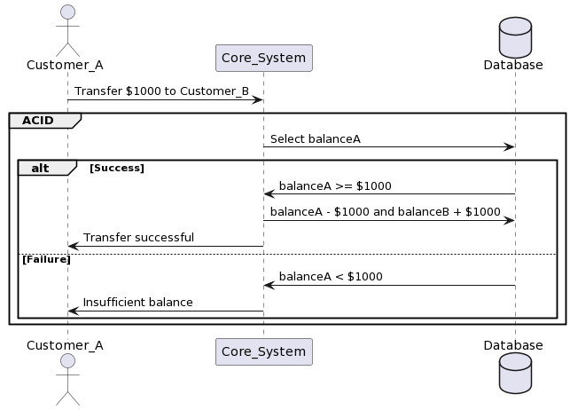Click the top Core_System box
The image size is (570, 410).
coord(264,58)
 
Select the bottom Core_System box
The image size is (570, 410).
coord(264,351)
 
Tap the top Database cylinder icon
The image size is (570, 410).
coord(515,37)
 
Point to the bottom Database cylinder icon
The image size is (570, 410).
coord(515,373)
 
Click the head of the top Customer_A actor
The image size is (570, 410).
coord(67,12)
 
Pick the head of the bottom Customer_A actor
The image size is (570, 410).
coord(67,361)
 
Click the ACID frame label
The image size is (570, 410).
coord(38,121)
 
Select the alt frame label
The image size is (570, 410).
coord(40,168)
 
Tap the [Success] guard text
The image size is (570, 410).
coord(117,168)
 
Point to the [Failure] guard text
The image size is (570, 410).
coord(46,259)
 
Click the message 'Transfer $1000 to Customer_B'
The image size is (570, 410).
coord(161,91)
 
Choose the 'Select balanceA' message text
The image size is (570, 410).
coord(316,139)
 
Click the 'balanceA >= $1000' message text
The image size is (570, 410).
coord(335,185)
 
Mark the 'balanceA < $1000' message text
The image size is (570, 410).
coord(331,277)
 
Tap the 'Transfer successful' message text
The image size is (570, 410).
coord(138,238)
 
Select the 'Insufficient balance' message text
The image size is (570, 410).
coord(137,303)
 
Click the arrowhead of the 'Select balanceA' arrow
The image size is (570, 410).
coord(510,147)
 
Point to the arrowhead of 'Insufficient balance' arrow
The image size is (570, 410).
coord(73,311)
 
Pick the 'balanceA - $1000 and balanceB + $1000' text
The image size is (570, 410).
coord(386,212)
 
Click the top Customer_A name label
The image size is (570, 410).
coord(65,65)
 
